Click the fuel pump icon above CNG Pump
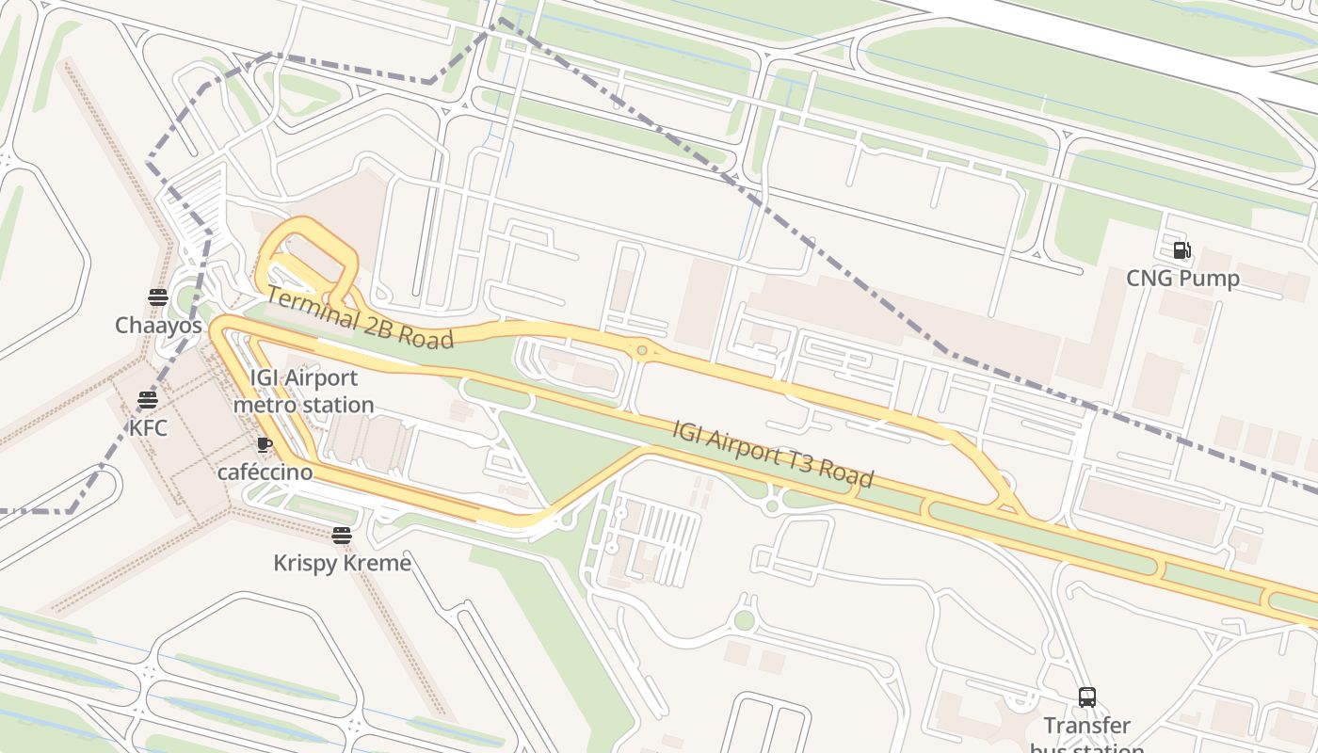pos(1181,250)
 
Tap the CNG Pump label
pos(1182,279)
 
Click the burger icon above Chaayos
pos(158,298)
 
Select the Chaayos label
pos(158,326)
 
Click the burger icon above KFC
pos(147,400)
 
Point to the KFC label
pos(148,428)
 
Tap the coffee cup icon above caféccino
pos(265,444)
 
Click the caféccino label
pos(265,472)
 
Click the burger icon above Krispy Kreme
pos(342,536)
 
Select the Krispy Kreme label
pos(342,563)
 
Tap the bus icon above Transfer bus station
pos(1087,697)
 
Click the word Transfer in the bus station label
pos(1087,726)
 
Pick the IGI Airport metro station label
pos(303,392)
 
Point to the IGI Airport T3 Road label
pos(772,454)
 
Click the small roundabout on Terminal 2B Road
pos(642,351)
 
